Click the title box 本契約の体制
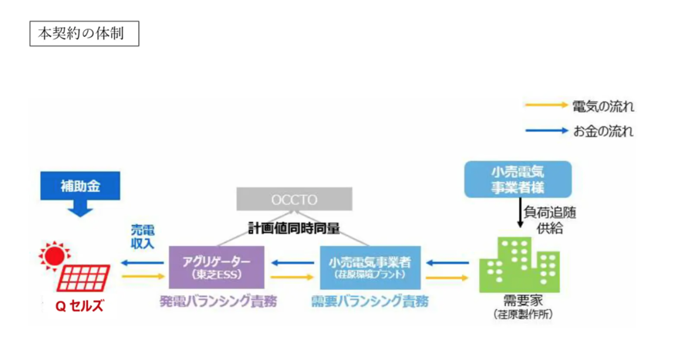84,34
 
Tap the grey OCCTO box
293,200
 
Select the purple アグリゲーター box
216,267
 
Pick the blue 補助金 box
80,186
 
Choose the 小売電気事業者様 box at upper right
518,180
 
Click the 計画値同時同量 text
294,228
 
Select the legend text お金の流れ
603,131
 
